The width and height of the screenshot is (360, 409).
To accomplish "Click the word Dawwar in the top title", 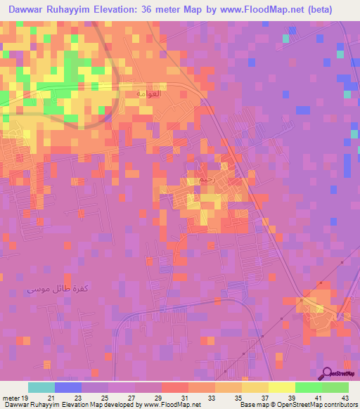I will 26,10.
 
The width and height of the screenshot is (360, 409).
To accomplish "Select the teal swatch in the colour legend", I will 41,387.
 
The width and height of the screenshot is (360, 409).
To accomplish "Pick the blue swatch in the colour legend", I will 68,387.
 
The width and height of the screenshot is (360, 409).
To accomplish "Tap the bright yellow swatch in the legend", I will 281,387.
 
